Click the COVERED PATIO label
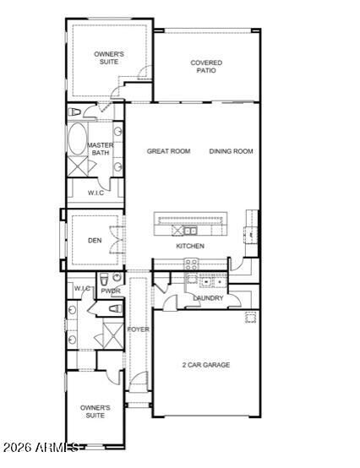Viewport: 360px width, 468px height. (x=205, y=66)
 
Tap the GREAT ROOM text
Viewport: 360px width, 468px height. (x=168, y=151)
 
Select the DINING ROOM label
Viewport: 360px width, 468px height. (x=231, y=151)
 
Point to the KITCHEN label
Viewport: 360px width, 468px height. (x=190, y=246)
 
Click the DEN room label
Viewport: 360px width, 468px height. (x=95, y=240)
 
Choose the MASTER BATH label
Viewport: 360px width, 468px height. (x=101, y=149)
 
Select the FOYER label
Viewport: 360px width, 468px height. (x=138, y=329)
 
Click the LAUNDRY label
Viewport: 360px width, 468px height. (x=208, y=298)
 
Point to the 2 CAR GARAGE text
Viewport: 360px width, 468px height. (x=205, y=365)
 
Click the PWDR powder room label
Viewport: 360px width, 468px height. (x=111, y=291)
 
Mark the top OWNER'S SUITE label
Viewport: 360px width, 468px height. (x=108, y=57)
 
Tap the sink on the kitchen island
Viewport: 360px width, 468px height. (x=190, y=230)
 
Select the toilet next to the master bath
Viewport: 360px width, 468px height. (x=76, y=112)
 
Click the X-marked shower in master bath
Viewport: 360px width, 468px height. (x=77, y=166)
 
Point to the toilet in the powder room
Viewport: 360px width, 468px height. (x=103, y=280)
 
